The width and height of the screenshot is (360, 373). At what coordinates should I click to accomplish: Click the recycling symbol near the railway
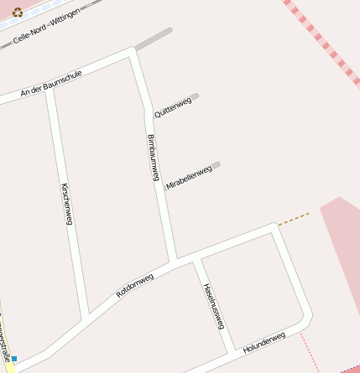[x=17, y=13]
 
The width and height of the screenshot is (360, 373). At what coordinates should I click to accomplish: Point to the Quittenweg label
[x=173, y=106]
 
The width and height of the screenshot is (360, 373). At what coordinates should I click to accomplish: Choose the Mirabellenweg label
[x=189, y=178]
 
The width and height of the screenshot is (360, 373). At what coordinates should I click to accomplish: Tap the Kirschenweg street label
[x=67, y=203]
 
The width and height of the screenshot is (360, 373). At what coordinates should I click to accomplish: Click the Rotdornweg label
[x=135, y=285]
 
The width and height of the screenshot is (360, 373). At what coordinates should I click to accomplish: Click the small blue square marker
[x=13, y=359]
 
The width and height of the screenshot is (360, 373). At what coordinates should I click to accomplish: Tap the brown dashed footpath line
[x=294, y=219]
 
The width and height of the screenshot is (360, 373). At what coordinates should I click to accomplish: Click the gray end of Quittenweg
[x=194, y=96]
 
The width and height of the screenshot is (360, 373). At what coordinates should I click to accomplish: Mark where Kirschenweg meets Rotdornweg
[x=86, y=316]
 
